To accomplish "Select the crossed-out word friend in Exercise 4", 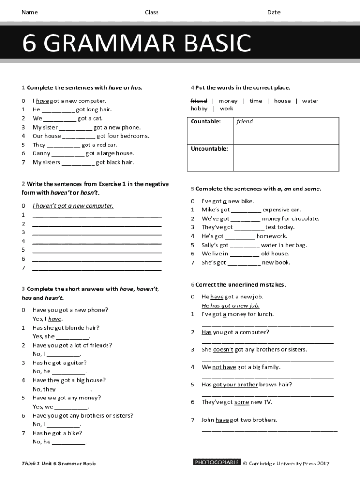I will [x=199, y=101].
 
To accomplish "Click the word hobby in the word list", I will [x=199, y=109].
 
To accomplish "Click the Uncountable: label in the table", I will [x=209, y=149].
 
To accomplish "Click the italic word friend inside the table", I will [x=245, y=122].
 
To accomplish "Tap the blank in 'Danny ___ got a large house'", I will [x=68, y=154].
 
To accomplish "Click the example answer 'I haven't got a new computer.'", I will [x=73, y=206].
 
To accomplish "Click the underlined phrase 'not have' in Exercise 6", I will [x=224, y=367].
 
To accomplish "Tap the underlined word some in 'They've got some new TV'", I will [x=242, y=402].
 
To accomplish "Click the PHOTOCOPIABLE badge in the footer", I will [x=217, y=463].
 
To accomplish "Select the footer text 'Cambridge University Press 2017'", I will [x=289, y=464].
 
